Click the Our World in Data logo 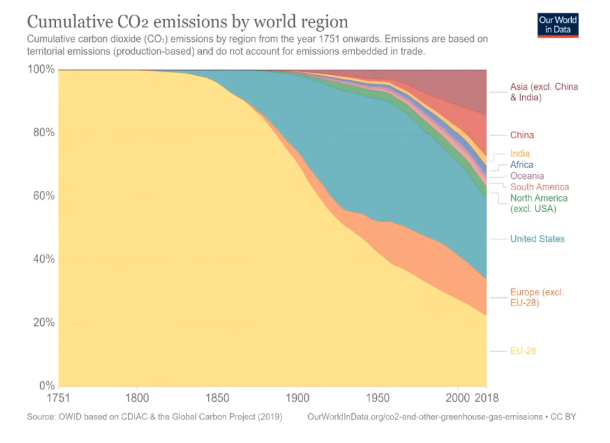click(558, 25)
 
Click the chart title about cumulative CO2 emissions click(187, 22)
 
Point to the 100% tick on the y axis click(41, 69)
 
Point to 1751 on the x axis click(59, 399)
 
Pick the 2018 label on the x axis click(487, 399)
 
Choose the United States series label click(537, 239)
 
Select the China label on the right click(521, 135)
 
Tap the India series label click(520, 154)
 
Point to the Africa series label click(521, 165)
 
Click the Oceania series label click(527, 176)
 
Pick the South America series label click(539, 187)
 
